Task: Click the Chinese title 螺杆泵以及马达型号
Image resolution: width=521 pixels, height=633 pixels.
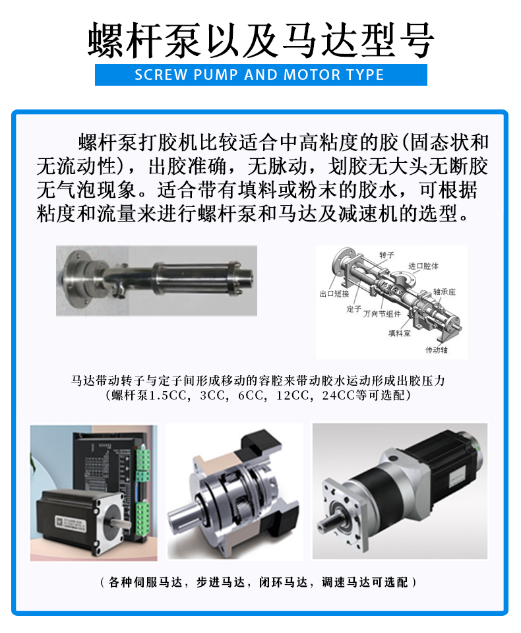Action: (260, 41)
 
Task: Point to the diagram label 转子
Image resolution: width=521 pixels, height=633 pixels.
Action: (386, 254)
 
